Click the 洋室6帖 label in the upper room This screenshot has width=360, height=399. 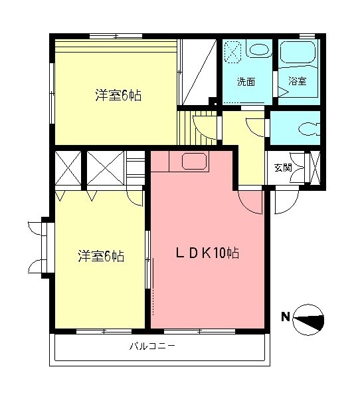tap(117, 96)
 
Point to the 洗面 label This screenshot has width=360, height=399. tap(246, 82)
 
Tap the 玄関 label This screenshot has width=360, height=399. tap(283, 168)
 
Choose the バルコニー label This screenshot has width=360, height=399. tap(152, 346)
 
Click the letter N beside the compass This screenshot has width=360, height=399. tap(284, 317)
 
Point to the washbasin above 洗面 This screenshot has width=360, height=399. tap(258, 49)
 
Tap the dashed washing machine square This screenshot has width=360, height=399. tap(234, 51)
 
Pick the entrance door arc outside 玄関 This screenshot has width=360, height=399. tap(281, 203)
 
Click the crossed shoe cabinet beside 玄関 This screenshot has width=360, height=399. tap(315, 169)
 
